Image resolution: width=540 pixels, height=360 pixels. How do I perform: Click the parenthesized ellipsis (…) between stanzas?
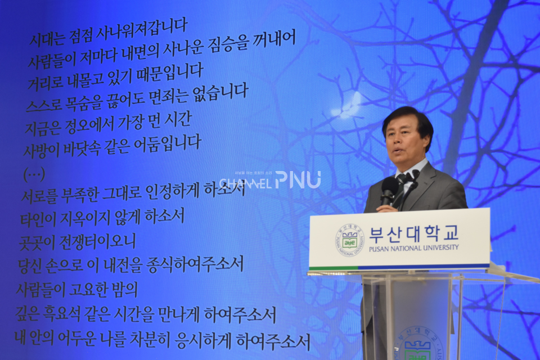pyautogui.click(x=34, y=174)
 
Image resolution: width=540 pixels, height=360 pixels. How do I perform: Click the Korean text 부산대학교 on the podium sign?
pyautogui.click(x=413, y=232)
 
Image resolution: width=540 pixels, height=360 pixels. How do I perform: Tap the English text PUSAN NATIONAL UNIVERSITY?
pyautogui.click(x=413, y=247)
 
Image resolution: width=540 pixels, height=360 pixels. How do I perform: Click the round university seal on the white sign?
pyautogui.click(x=350, y=240)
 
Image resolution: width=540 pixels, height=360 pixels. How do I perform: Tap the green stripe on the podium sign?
pyautogui.click(x=326, y=268)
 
